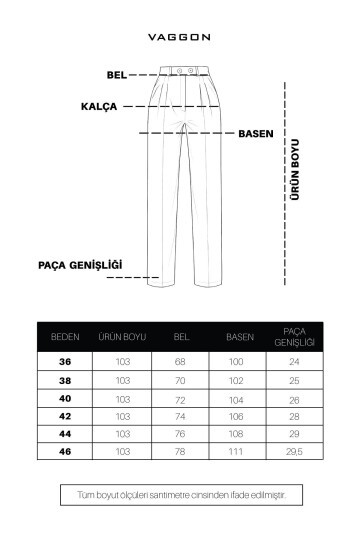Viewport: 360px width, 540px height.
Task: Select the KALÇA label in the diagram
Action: pos(99,105)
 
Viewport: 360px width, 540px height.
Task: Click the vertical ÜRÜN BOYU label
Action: pos(295,170)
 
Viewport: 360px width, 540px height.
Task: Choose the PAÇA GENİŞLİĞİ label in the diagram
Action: pos(79,265)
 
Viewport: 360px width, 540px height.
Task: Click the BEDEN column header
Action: pos(65,337)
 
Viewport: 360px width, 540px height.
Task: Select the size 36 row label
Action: pos(65,362)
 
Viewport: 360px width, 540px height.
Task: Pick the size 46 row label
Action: pos(65,451)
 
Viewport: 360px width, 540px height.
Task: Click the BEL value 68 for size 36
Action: pos(181,362)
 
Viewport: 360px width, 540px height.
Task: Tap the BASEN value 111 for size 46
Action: pos(237,451)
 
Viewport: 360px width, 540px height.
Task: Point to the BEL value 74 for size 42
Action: pos(181,416)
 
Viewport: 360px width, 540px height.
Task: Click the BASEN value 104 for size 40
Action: pos(237,398)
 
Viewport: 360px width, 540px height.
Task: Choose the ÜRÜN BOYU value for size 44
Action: pos(123,433)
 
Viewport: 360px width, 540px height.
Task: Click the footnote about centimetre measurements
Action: pos(180,494)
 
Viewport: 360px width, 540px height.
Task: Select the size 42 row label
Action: pos(65,416)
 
